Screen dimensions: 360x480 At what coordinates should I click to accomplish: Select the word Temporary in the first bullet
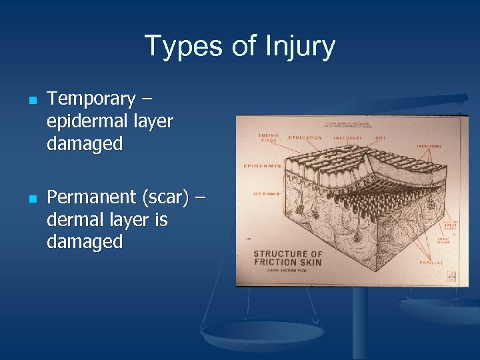point(91,99)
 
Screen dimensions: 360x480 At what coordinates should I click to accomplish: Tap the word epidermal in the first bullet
point(89,121)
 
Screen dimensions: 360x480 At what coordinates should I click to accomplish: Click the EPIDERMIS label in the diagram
point(261,165)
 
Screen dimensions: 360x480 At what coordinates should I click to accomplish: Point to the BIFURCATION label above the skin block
point(305,138)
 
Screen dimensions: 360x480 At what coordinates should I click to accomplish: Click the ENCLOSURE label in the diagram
point(347,138)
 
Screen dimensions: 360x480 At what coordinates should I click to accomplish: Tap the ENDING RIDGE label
point(268,138)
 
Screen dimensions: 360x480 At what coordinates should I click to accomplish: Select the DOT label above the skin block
point(380,138)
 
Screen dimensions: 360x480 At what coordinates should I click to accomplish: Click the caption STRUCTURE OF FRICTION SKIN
point(288,258)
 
